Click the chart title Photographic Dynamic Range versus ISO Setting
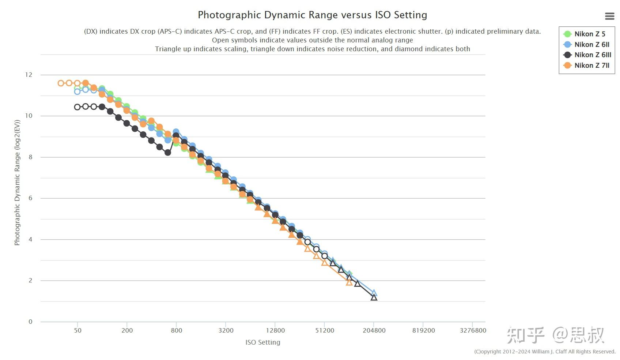click(x=312, y=15)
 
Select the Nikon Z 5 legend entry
click(x=589, y=34)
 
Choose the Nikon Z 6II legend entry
click(x=591, y=45)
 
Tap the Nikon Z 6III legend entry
click(x=592, y=55)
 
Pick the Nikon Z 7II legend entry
click(x=591, y=65)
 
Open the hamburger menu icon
click(x=609, y=16)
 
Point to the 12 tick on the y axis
click(x=29, y=75)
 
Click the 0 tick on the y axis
click(x=30, y=322)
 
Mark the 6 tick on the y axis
click(x=30, y=198)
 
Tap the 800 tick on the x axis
click(x=176, y=330)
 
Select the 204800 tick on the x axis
click(x=374, y=330)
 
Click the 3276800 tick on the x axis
click(x=473, y=330)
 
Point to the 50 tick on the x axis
click(x=77, y=330)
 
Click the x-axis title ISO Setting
click(x=262, y=342)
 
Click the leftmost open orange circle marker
click(x=61, y=83)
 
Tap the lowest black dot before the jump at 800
click(x=168, y=152)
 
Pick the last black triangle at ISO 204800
click(x=374, y=297)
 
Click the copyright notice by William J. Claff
click(x=545, y=352)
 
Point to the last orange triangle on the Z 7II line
click(x=349, y=282)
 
